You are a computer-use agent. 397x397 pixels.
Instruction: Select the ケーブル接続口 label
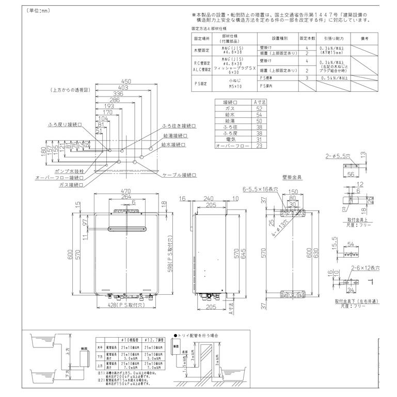(x=180, y=176)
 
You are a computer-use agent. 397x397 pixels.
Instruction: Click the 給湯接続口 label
(x=175, y=135)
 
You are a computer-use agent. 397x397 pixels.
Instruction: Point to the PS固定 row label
(x=201, y=82)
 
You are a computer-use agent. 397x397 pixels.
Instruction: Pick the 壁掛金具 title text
(x=292, y=177)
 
